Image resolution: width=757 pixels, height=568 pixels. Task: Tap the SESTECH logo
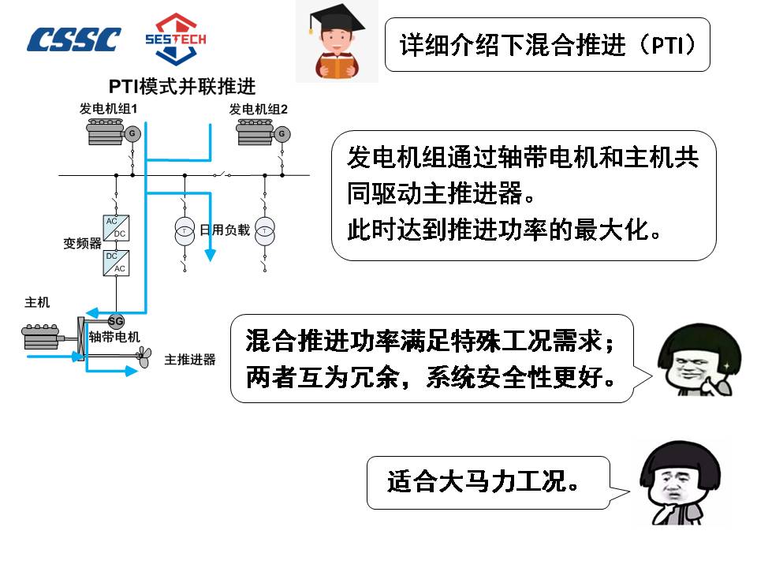(175, 39)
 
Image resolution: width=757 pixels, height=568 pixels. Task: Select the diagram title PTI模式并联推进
(182, 86)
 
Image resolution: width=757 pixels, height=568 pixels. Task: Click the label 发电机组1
(109, 109)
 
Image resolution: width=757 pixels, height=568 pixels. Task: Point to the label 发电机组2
(259, 109)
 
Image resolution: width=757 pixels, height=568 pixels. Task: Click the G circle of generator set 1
(132, 134)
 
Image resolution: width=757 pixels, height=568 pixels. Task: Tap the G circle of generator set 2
(282, 134)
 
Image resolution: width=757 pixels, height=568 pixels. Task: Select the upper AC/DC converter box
(116, 227)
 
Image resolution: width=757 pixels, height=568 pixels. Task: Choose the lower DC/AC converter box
(116, 263)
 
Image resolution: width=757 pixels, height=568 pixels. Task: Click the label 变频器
(83, 244)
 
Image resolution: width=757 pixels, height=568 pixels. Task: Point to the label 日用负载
(225, 230)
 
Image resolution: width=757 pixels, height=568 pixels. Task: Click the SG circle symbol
(116, 321)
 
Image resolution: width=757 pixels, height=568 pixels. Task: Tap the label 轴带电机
(114, 338)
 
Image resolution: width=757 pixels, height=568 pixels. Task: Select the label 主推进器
(190, 360)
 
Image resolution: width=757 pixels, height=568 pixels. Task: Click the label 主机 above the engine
(37, 302)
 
